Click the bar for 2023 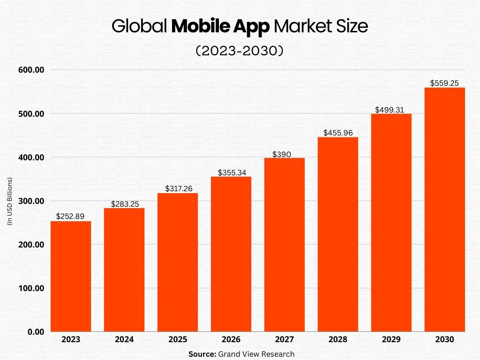(x=71, y=277)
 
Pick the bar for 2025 (x=177, y=262)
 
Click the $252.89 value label (x=70, y=217)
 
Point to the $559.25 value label (x=444, y=83)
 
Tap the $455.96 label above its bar (x=337, y=133)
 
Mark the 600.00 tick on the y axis (x=31, y=70)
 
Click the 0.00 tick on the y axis (x=35, y=332)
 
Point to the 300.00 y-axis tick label (x=31, y=201)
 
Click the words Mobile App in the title (x=220, y=27)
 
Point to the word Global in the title (x=139, y=27)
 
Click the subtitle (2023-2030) (x=240, y=51)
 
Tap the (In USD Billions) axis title (x=9, y=201)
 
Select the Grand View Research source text (x=256, y=354)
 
